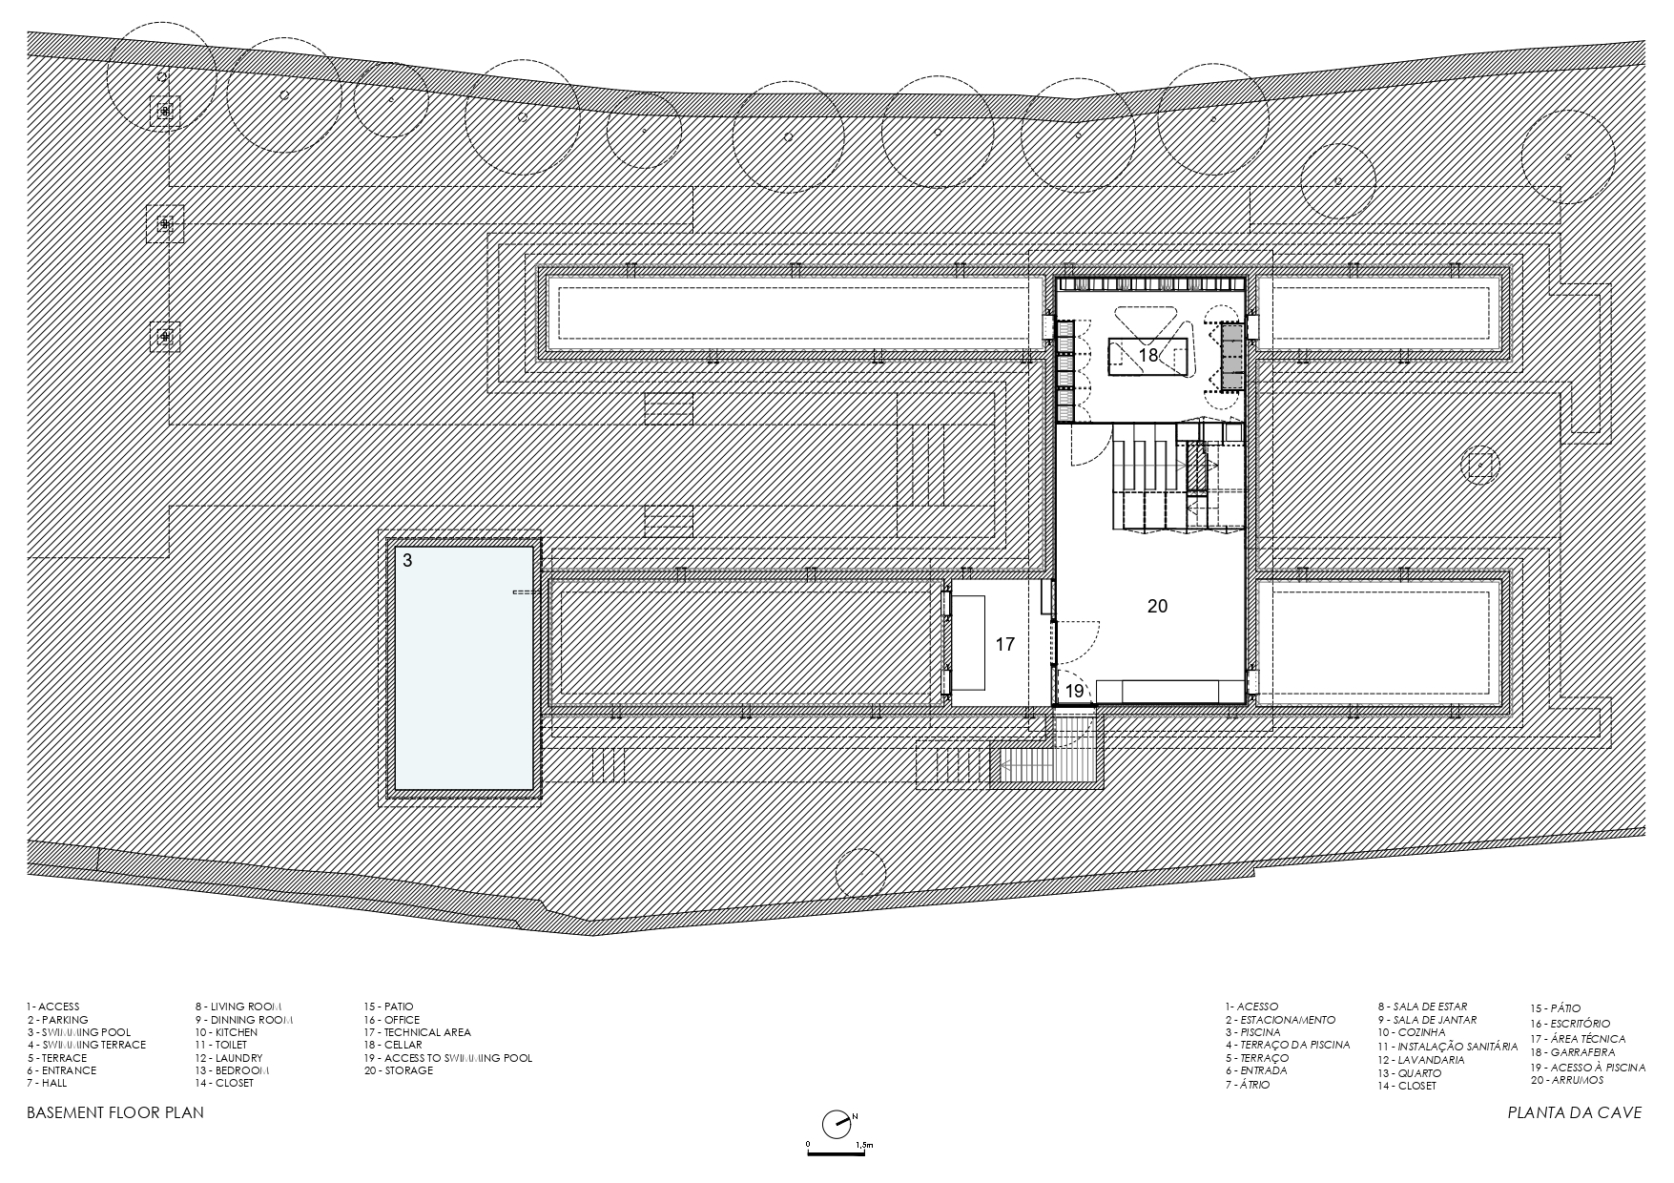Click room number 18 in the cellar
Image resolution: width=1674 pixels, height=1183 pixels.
(x=1147, y=355)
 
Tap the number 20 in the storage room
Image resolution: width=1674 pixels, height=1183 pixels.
(x=1157, y=606)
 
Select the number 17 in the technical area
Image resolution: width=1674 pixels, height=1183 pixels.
(x=1004, y=645)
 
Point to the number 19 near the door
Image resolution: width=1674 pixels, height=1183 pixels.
(x=1074, y=691)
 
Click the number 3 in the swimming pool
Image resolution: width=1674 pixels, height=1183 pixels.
(x=407, y=561)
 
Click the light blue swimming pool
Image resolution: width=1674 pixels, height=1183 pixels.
(x=464, y=668)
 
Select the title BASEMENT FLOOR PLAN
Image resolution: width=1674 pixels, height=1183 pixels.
(x=115, y=1112)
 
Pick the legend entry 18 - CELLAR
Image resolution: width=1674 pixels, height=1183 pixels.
(x=393, y=1045)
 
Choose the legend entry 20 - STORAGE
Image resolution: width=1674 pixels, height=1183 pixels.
(x=398, y=1070)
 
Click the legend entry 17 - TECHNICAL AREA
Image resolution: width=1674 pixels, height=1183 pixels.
(x=417, y=1032)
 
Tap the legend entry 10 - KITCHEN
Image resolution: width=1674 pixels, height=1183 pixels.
(x=226, y=1032)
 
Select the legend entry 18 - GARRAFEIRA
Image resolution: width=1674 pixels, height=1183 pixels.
(x=1573, y=1052)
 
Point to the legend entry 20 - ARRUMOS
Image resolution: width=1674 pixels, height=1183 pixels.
(x=1567, y=1080)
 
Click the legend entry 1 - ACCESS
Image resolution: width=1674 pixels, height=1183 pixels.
(x=53, y=1007)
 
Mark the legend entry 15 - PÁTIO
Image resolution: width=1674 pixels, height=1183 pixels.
(x=1556, y=1008)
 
